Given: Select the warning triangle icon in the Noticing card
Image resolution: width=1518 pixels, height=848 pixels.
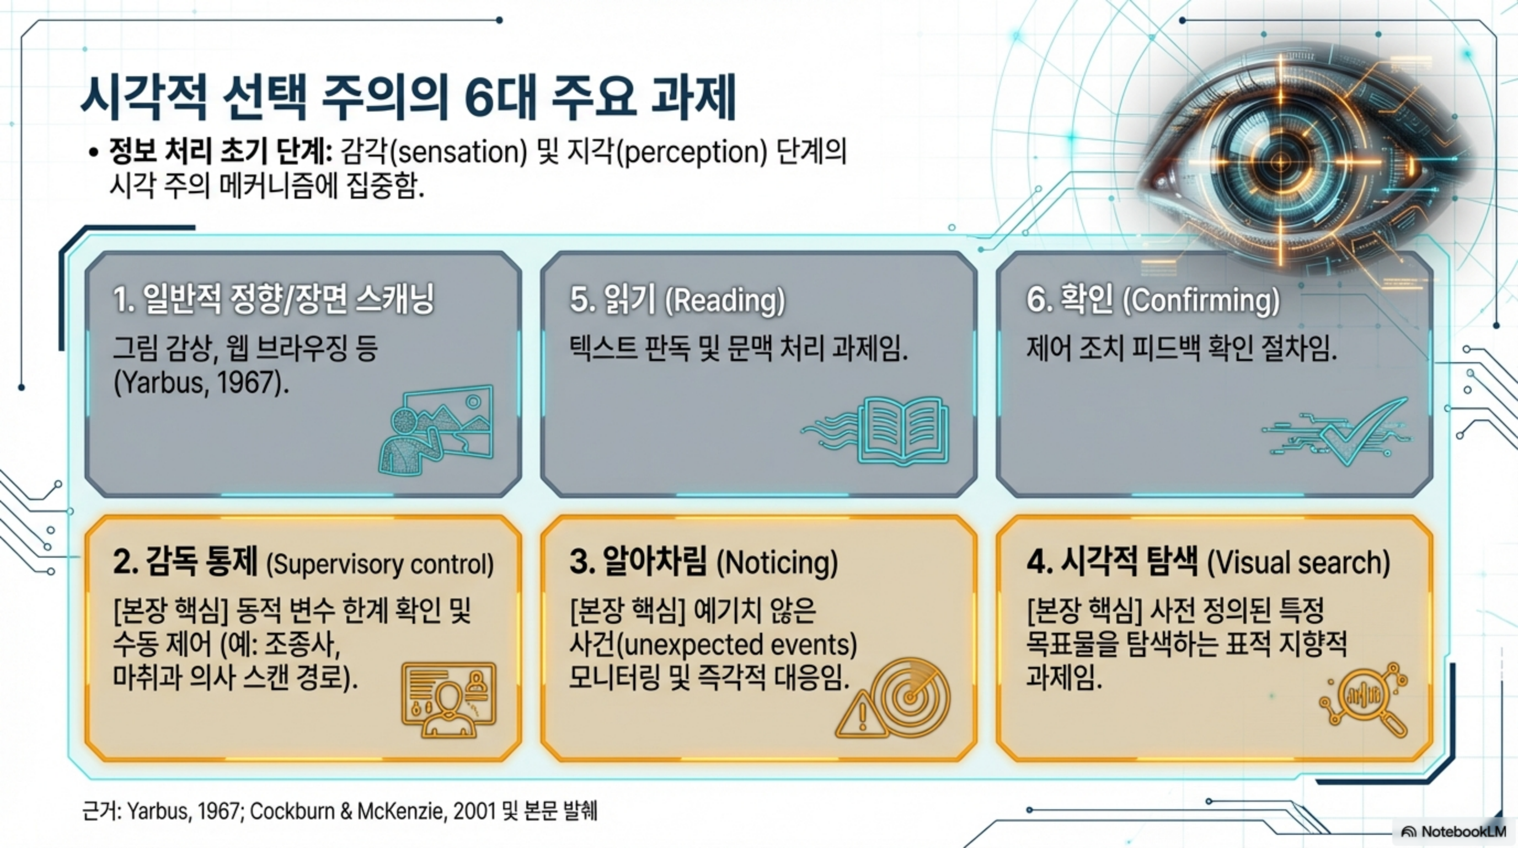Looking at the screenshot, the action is click(862, 714).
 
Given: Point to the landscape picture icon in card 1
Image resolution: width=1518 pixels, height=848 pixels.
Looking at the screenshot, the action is click(436, 430).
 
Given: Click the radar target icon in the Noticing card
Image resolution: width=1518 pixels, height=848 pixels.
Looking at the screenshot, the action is click(911, 698).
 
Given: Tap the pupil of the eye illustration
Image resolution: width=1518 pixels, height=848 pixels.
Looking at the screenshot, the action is click(1280, 161).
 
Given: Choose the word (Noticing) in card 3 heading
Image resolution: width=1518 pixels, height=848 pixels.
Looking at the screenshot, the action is click(777, 563).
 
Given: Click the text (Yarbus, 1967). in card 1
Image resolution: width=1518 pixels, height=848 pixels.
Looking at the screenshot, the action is click(201, 383).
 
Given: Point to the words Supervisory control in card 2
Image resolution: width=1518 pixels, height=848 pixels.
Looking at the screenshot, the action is click(380, 564).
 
